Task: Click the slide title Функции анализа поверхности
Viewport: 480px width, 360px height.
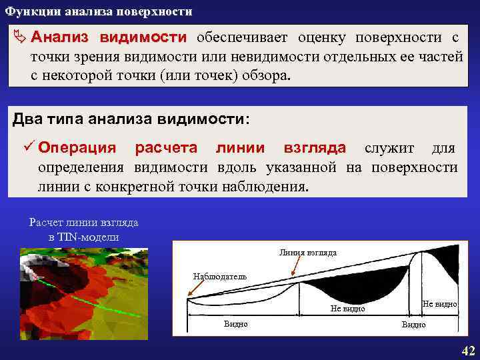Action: tap(99, 12)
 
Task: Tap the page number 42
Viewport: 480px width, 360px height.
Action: tap(468, 351)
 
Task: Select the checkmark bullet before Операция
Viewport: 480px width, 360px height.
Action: tap(29, 147)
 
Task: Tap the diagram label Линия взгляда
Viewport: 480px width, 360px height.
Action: tap(308, 253)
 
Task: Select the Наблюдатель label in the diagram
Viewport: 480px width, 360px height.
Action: tap(219, 276)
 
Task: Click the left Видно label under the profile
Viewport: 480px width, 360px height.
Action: tap(235, 324)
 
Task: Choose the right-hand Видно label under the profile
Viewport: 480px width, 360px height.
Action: tap(413, 325)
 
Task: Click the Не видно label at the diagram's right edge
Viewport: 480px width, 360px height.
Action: tap(439, 304)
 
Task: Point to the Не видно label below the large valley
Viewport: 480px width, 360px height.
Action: tap(348, 309)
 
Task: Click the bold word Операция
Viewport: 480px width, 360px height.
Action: tap(77, 147)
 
